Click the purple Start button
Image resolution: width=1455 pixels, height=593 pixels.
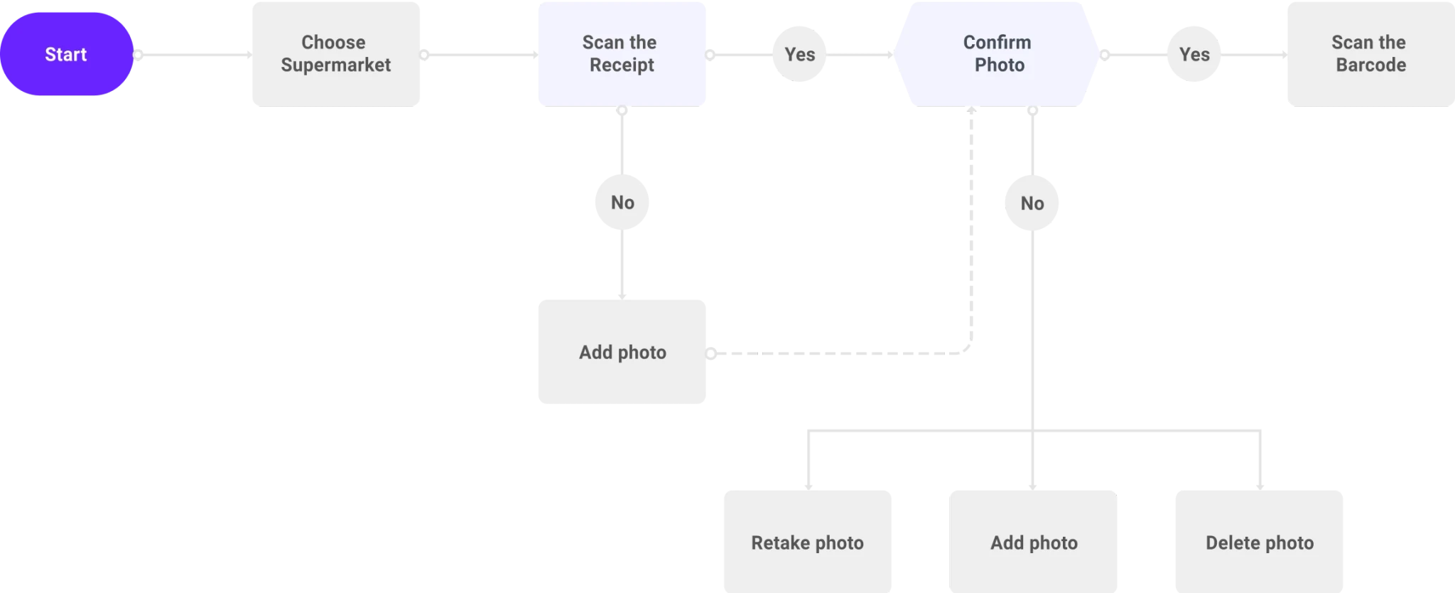(x=67, y=54)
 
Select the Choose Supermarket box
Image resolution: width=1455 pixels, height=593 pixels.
(x=336, y=54)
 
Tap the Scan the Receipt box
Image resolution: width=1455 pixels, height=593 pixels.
(x=622, y=54)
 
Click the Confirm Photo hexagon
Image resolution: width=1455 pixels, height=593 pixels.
(x=997, y=54)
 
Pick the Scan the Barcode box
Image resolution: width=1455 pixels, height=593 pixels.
(x=1371, y=54)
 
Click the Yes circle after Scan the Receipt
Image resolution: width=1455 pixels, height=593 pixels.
(x=799, y=54)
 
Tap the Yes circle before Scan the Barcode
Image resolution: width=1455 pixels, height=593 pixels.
(x=1194, y=54)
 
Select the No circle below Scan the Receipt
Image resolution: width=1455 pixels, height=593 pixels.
(x=622, y=203)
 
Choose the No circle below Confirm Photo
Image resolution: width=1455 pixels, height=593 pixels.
(x=1032, y=203)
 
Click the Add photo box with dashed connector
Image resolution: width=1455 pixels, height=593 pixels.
(x=622, y=352)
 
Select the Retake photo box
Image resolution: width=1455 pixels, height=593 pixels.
(x=808, y=542)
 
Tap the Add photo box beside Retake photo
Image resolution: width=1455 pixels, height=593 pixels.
(x=1033, y=542)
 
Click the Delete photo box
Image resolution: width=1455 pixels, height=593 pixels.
(x=1260, y=542)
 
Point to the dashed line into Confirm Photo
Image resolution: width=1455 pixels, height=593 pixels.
(x=971, y=235)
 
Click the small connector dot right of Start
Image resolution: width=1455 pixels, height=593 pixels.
(x=139, y=55)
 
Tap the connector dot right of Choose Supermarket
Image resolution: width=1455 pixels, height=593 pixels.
(x=424, y=55)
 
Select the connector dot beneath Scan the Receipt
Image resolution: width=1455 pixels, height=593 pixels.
(x=622, y=110)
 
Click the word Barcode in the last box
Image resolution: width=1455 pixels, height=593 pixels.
(x=1371, y=65)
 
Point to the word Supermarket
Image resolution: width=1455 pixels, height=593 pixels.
(x=336, y=65)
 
